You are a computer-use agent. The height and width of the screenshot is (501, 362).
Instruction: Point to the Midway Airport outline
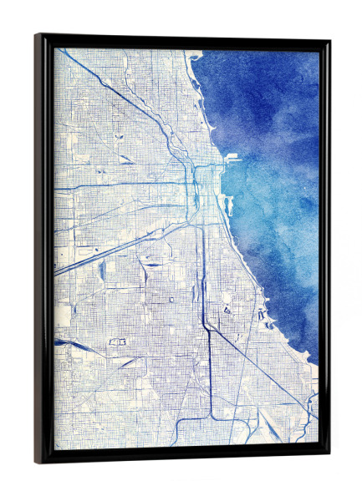coord(118,342)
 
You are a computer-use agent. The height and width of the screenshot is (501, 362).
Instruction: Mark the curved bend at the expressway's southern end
coord(213,414)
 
